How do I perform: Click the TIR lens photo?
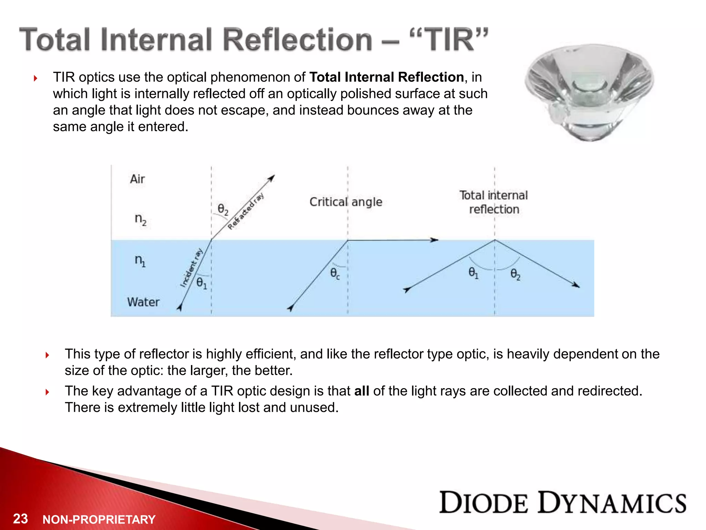tap(589, 92)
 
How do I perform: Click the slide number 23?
tap(20, 519)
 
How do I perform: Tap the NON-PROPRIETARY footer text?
tap(99, 520)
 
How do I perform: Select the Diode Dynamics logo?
tap(563, 503)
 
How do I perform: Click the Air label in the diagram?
tap(137, 179)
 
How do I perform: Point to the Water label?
tap(143, 302)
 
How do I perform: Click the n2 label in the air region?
tap(140, 219)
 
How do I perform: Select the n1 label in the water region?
tap(140, 260)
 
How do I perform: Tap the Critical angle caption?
tap(346, 202)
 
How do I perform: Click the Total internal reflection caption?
tap(494, 202)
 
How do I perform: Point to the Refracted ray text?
tap(246, 211)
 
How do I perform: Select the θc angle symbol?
tap(335, 274)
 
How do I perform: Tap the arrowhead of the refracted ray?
tap(272, 178)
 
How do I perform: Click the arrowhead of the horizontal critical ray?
tap(435, 240)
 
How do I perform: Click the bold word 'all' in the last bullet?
tap(362, 391)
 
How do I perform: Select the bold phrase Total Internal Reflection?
tap(386, 77)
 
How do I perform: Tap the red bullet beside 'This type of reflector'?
tap(47, 355)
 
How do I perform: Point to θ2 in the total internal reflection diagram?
tap(515, 275)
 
